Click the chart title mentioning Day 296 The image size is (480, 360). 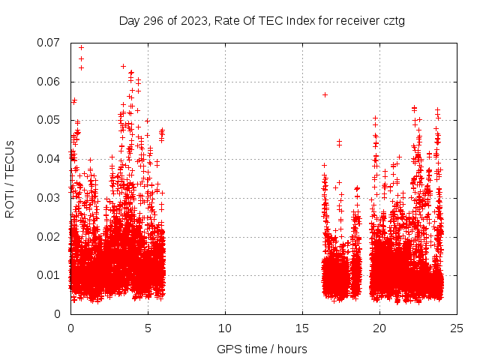[x=262, y=20]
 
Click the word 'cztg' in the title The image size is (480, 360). [x=391, y=20]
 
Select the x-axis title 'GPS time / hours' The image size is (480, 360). [x=262, y=349]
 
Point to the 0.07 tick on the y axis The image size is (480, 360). [x=50, y=43]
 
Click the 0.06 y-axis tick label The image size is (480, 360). [x=50, y=82]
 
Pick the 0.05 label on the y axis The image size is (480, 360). [x=50, y=120]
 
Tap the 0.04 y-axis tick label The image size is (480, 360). [x=50, y=159]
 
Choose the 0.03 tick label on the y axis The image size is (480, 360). [x=50, y=198]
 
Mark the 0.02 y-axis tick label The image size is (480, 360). [x=50, y=236]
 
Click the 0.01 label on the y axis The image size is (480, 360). [x=50, y=275]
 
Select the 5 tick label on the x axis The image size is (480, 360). [x=148, y=328]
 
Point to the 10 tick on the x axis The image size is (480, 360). [x=225, y=328]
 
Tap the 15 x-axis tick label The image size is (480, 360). [x=302, y=328]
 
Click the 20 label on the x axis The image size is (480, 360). [x=379, y=328]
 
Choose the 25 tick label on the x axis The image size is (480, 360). [x=457, y=328]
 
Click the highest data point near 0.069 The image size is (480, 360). [x=81, y=48]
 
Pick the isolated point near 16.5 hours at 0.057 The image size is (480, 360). [x=325, y=94]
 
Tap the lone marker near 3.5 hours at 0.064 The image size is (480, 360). [x=123, y=66]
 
